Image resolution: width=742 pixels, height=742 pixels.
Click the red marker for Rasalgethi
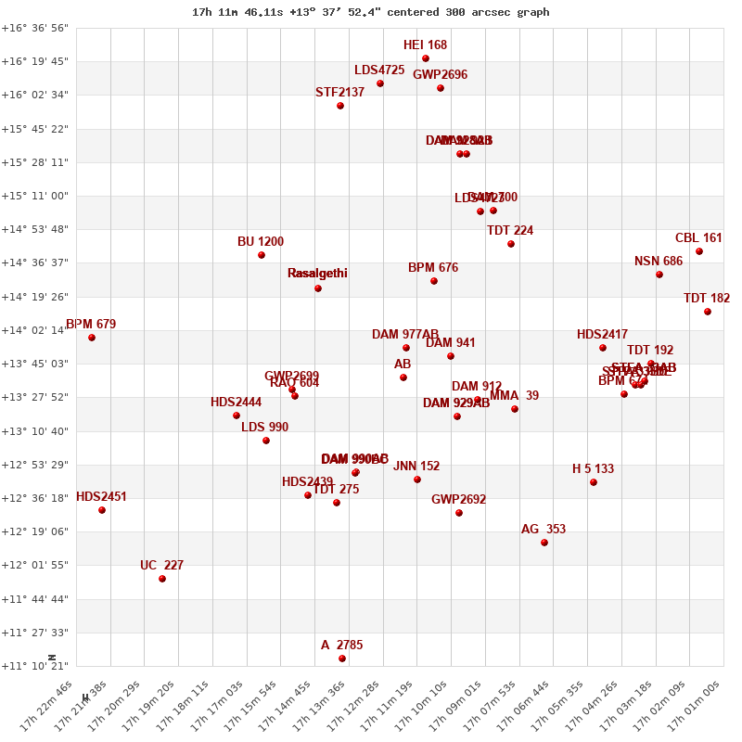coord(318,288)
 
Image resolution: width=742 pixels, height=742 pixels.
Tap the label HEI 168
coord(425,45)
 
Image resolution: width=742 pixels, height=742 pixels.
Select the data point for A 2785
coord(342,659)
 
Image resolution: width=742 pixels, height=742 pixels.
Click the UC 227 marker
coord(162,579)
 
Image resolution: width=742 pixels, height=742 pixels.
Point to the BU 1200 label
coord(261,242)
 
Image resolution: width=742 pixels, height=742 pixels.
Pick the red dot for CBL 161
coord(699,251)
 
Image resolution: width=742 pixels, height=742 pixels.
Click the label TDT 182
coord(707,299)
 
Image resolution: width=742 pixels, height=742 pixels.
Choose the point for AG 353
coord(544,543)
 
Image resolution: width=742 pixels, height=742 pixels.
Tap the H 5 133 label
coord(593,469)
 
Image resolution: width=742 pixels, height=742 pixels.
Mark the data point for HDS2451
coord(102,510)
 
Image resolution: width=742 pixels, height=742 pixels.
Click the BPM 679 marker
coord(92,338)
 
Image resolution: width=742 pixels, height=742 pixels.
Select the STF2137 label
coord(340,93)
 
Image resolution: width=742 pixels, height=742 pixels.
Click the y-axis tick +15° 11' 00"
coord(35,196)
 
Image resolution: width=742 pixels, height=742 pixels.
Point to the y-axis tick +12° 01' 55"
coord(35,565)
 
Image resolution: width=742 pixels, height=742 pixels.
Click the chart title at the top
coord(371,12)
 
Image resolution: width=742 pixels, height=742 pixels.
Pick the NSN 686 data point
coord(659,275)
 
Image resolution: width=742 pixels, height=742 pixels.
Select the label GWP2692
coord(458,500)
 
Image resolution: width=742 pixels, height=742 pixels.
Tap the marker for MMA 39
coord(515,409)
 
